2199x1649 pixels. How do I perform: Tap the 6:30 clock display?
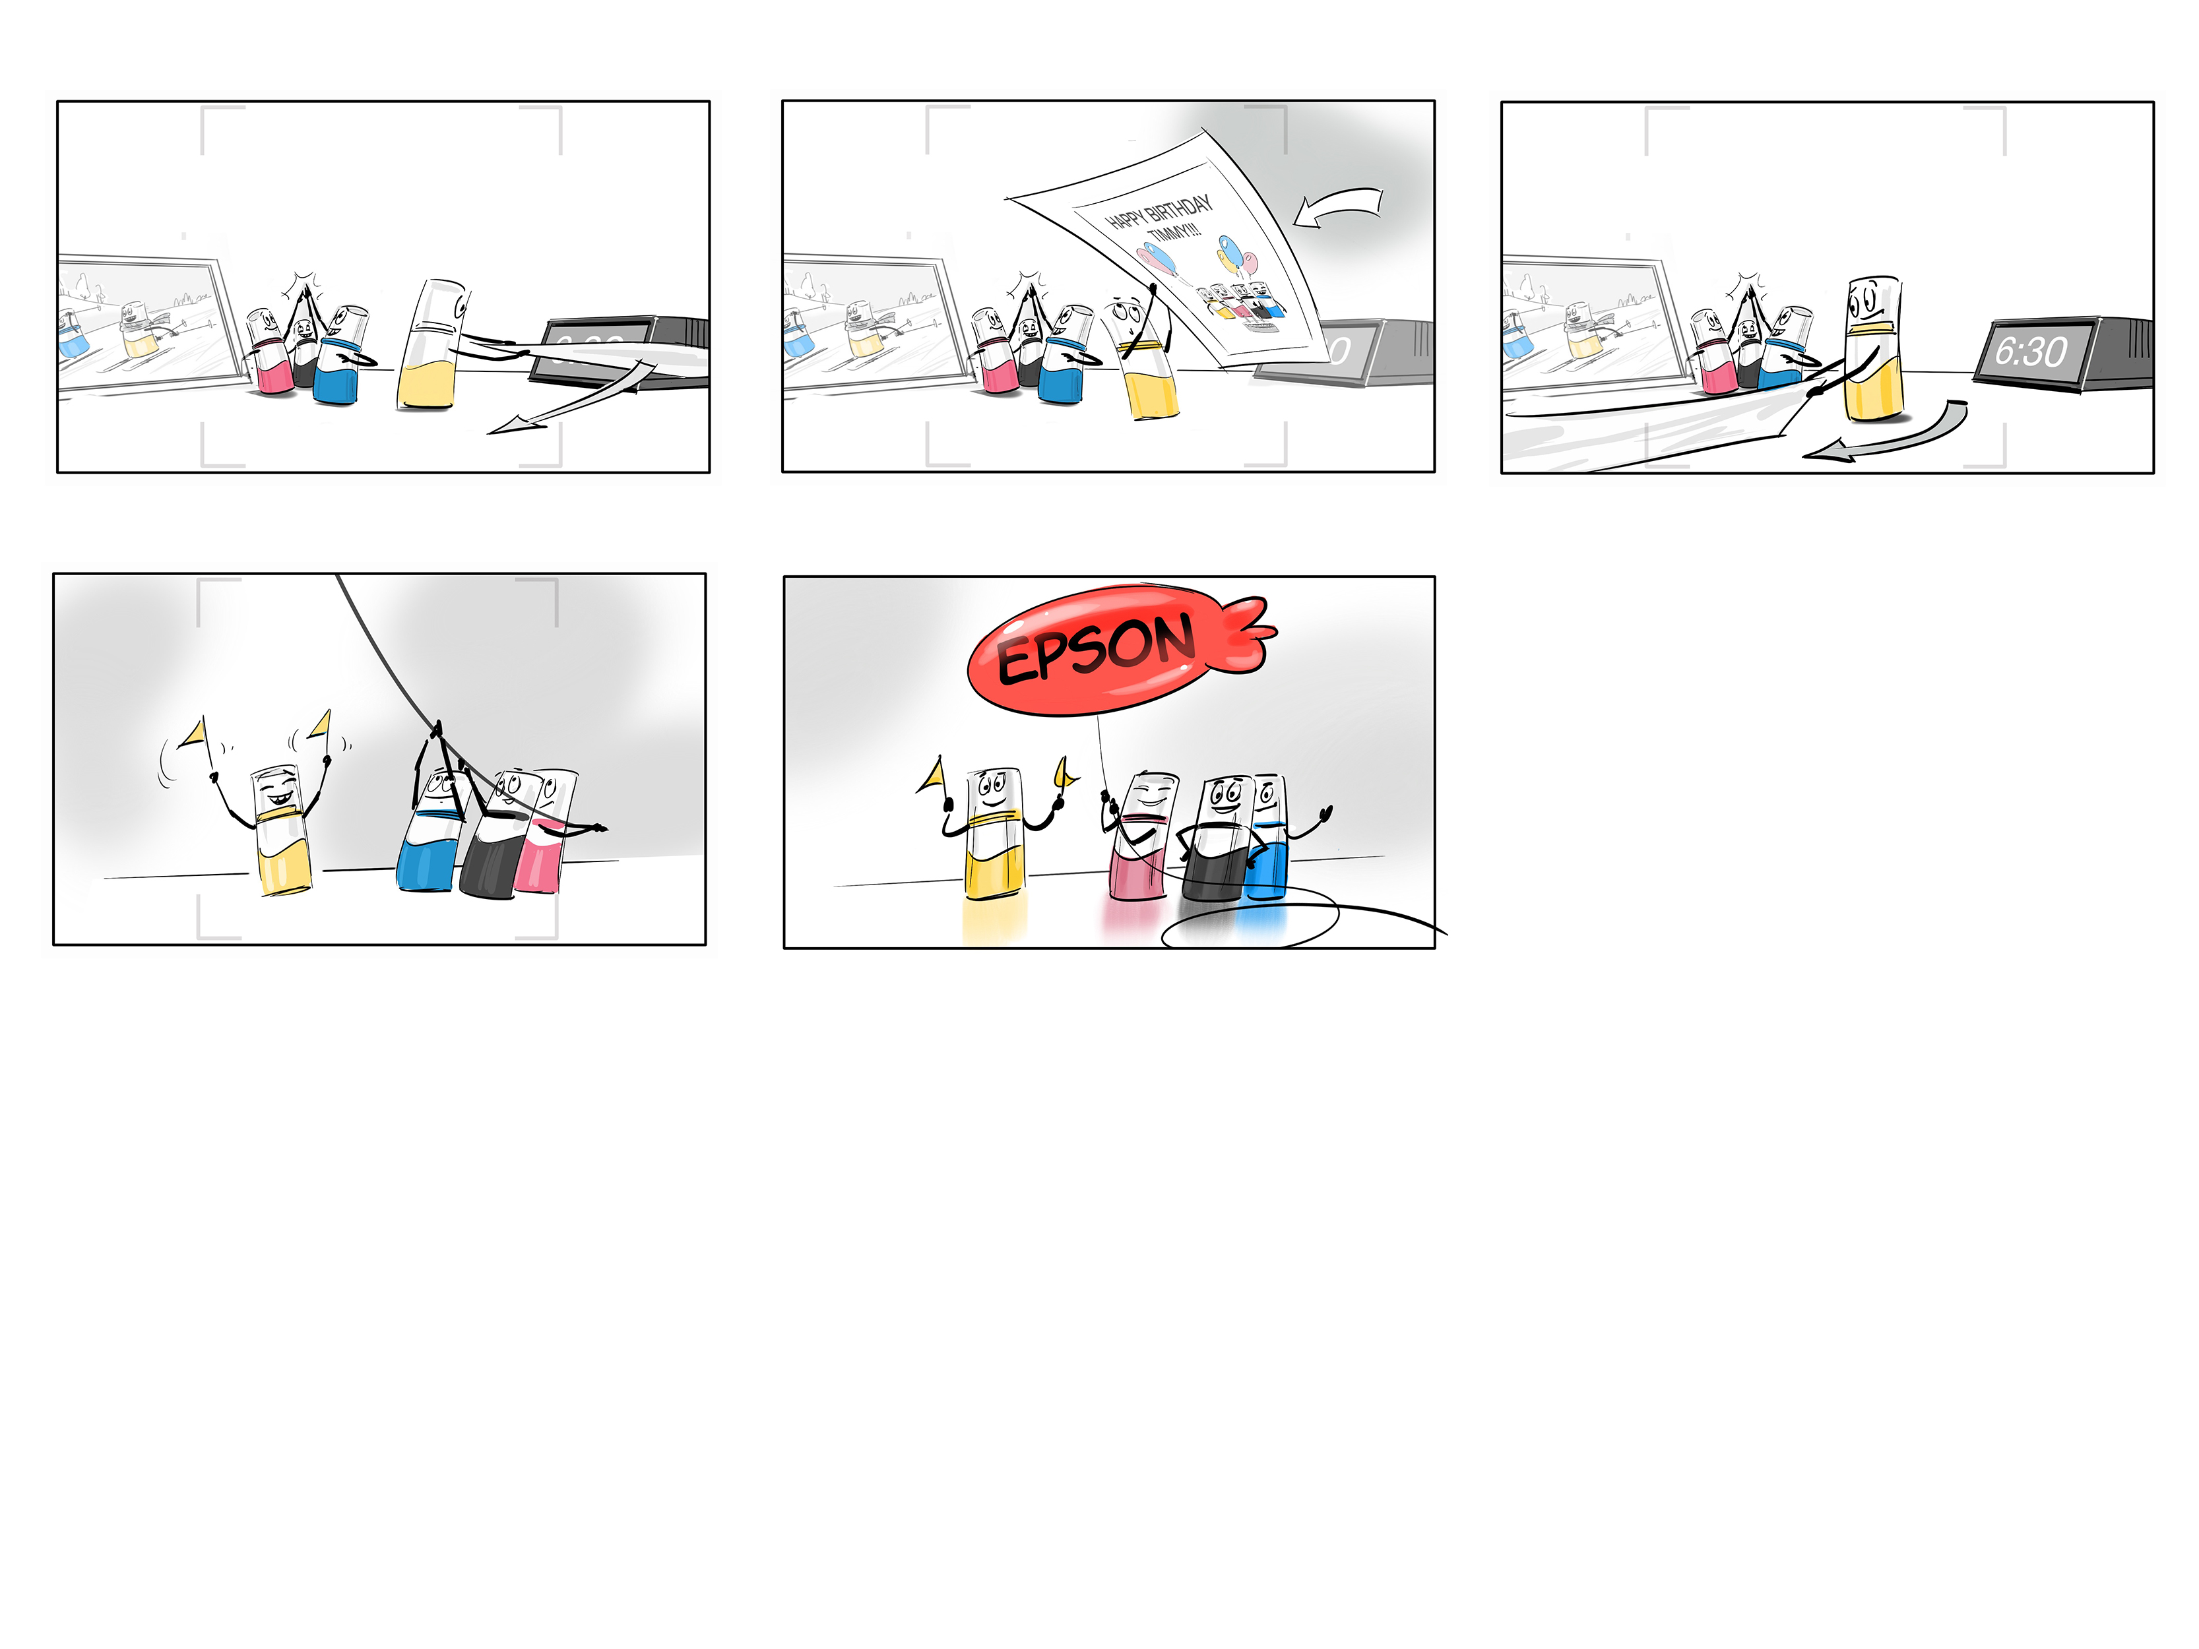click(x=2031, y=351)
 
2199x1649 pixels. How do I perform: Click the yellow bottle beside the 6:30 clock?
click(x=1874, y=350)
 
